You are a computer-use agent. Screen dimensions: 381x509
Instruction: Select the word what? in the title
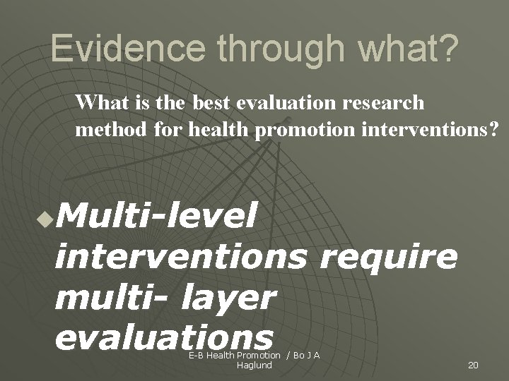click(416, 49)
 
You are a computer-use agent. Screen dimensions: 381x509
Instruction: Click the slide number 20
click(474, 365)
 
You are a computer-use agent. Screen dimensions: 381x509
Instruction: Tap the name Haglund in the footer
click(255, 365)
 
